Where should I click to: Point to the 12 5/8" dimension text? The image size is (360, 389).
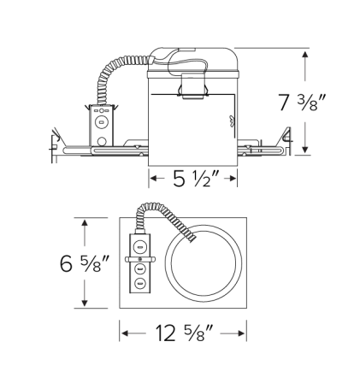(x=183, y=333)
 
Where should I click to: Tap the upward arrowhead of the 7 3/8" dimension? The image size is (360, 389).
(x=304, y=53)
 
